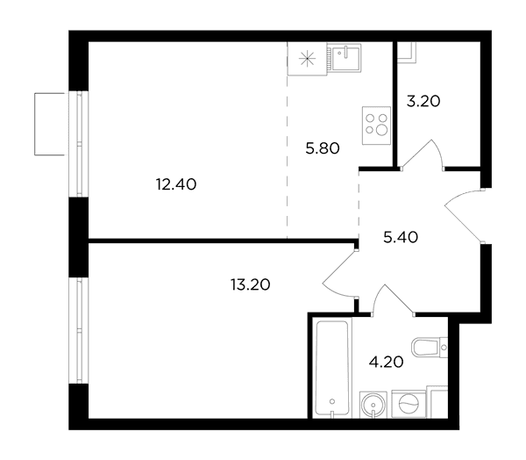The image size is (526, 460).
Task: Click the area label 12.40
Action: pos(176,184)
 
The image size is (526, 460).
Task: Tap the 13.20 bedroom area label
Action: pos(250,285)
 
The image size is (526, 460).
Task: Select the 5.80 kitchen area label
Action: pos(323,148)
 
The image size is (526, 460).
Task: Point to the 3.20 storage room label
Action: pos(423,101)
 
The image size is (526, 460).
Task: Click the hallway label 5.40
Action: pos(401,238)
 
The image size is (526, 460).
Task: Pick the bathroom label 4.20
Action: pos(386,363)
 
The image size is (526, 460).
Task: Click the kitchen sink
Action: pos(345,58)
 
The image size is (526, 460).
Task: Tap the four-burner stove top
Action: pos(376,126)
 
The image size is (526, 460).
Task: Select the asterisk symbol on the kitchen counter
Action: pos(308,60)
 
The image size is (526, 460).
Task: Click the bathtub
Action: pos(332,369)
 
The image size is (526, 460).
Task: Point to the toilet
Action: pos(430,347)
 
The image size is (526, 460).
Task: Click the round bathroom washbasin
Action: pos(373,404)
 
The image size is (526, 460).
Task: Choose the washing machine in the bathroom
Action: pos(409,404)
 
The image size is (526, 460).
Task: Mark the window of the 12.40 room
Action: pos(79,144)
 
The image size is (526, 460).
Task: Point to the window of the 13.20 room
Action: pos(79,330)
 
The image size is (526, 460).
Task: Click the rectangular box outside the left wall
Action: pos(50,124)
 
